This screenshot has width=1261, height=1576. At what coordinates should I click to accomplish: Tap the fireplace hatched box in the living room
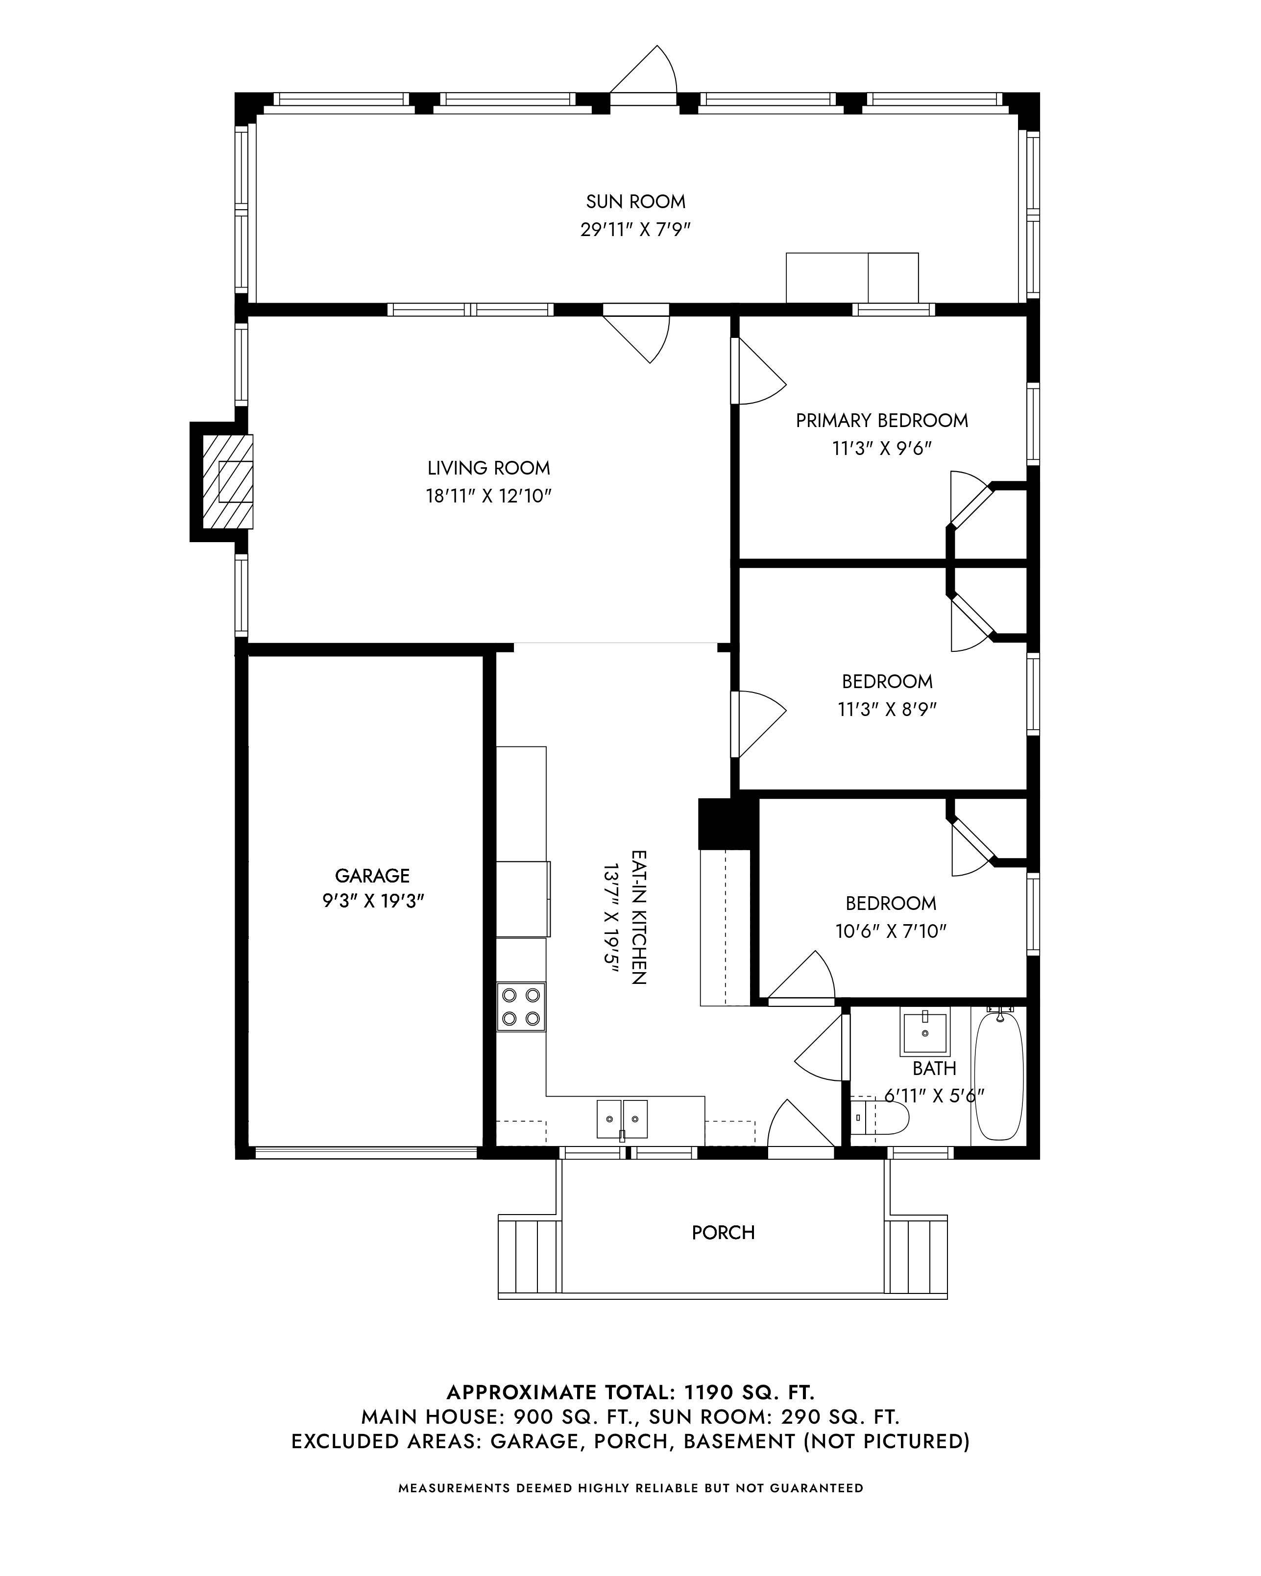227,482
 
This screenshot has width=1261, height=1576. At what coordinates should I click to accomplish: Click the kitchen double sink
622,1119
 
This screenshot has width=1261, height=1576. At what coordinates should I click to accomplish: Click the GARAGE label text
372,875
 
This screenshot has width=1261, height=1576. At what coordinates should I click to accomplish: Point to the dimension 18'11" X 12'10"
488,496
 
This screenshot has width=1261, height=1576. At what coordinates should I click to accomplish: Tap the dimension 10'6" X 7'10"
891,931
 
